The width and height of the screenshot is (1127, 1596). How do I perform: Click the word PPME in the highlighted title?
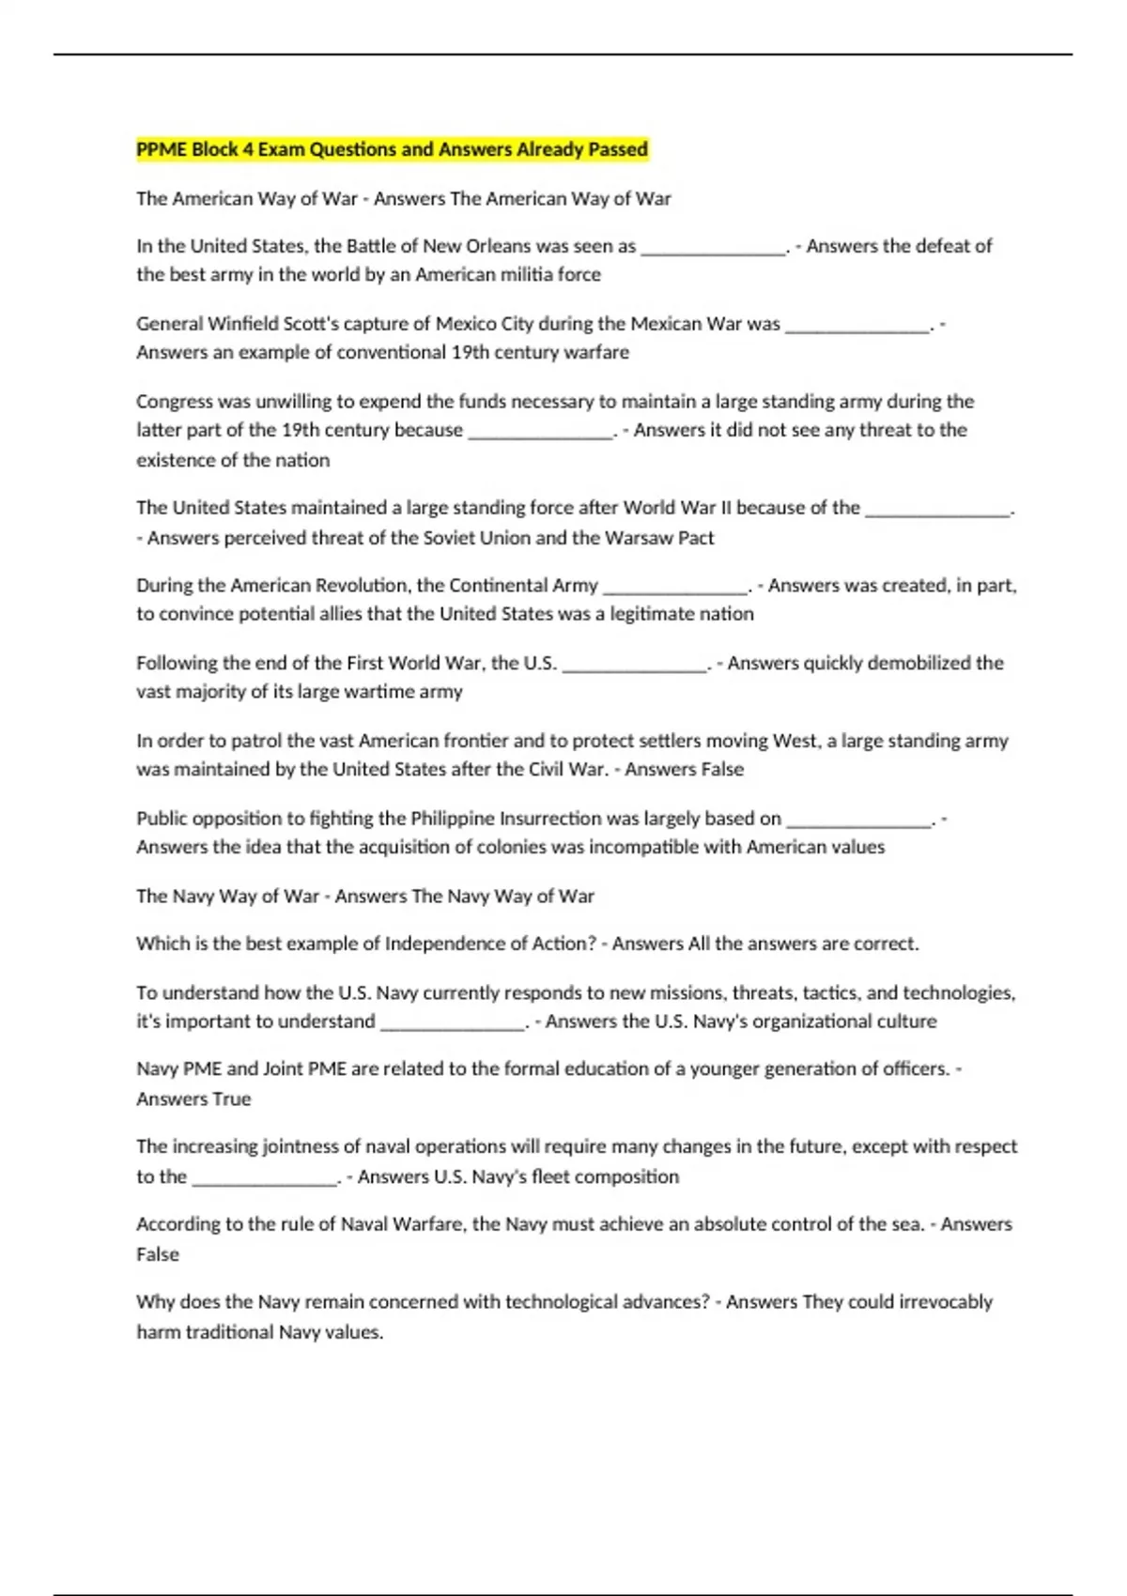pyautogui.click(x=161, y=149)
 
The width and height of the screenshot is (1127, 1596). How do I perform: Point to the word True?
pyautogui.click(x=232, y=1099)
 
